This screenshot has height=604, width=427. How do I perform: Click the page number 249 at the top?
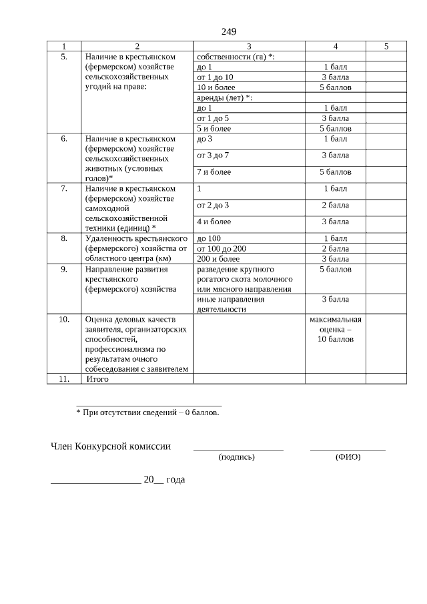click(228, 32)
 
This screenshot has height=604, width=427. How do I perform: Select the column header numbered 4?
click(335, 46)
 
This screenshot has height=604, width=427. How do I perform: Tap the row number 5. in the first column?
click(64, 57)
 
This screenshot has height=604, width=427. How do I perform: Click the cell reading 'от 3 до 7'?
click(213, 155)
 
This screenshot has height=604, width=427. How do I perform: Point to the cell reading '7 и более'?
click(214, 172)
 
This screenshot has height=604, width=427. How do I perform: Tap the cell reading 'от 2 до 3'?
click(213, 205)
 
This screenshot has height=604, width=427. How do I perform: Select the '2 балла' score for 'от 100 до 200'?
click(335, 248)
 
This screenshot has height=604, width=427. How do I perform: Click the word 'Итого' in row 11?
click(98, 379)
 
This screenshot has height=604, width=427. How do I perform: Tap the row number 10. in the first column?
click(64, 319)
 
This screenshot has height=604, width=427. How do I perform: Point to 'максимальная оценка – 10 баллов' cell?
click(335, 329)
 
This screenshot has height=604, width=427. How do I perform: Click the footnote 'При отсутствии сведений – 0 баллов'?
click(147, 412)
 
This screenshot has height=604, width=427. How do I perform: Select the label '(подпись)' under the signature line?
click(237, 457)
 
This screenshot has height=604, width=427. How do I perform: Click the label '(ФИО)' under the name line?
click(348, 457)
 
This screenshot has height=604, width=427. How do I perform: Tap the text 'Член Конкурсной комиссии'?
click(111, 446)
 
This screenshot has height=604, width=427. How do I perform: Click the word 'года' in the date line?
click(176, 479)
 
